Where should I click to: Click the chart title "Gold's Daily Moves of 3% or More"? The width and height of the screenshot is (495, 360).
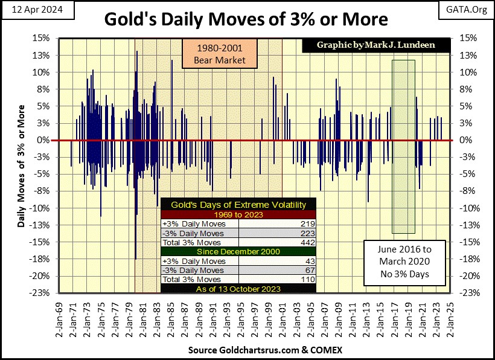click(x=247, y=19)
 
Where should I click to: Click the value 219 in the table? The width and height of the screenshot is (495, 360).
click(x=308, y=224)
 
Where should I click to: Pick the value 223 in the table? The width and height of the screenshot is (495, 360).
click(x=308, y=233)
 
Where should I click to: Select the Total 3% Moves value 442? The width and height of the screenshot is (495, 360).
click(x=308, y=242)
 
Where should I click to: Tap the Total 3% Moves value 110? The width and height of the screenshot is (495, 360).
click(x=308, y=280)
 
